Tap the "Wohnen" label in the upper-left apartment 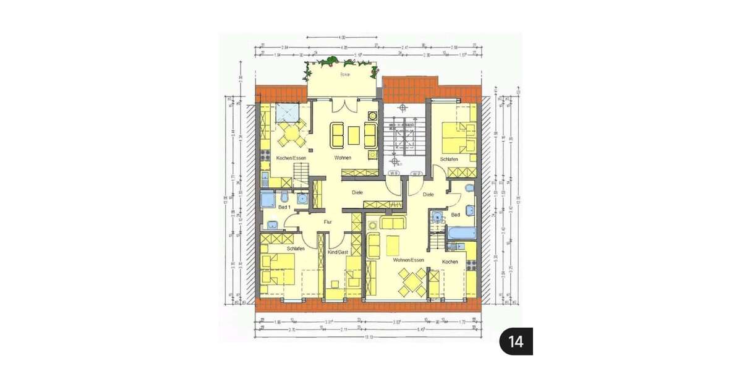(343, 158)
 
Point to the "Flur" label (328, 221)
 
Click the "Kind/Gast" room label (338, 253)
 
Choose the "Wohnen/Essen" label (409, 260)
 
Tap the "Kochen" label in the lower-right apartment (450, 262)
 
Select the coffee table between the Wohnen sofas (354, 135)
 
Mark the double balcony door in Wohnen (344, 106)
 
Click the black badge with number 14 (516, 341)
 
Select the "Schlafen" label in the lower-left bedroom (296, 249)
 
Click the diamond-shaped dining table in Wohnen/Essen (411, 281)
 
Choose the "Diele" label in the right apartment (429, 194)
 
